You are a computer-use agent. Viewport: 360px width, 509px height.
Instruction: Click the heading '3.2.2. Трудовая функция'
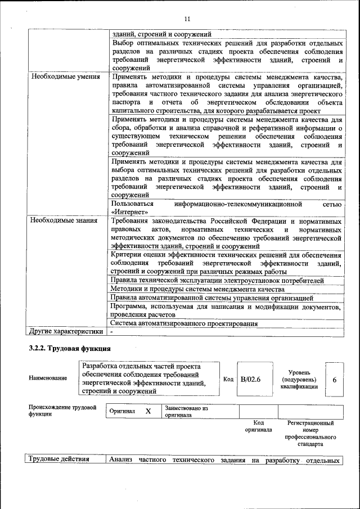tap(69, 348)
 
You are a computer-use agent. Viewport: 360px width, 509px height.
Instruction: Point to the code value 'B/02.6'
tap(251, 379)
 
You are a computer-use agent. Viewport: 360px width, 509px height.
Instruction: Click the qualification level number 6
tap(334, 380)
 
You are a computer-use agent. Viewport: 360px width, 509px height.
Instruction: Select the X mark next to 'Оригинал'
tap(148, 411)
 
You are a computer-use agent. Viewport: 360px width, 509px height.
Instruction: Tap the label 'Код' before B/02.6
tap(228, 379)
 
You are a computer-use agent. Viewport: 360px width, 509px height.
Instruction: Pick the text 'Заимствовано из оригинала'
tap(186, 412)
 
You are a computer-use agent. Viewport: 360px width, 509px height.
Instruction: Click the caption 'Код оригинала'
tap(258, 426)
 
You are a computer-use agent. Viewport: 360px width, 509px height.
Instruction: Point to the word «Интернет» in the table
tap(130, 212)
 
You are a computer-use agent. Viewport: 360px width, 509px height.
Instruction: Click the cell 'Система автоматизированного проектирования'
tap(184, 323)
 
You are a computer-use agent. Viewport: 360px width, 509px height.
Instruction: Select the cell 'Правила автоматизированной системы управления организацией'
tap(212, 298)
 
